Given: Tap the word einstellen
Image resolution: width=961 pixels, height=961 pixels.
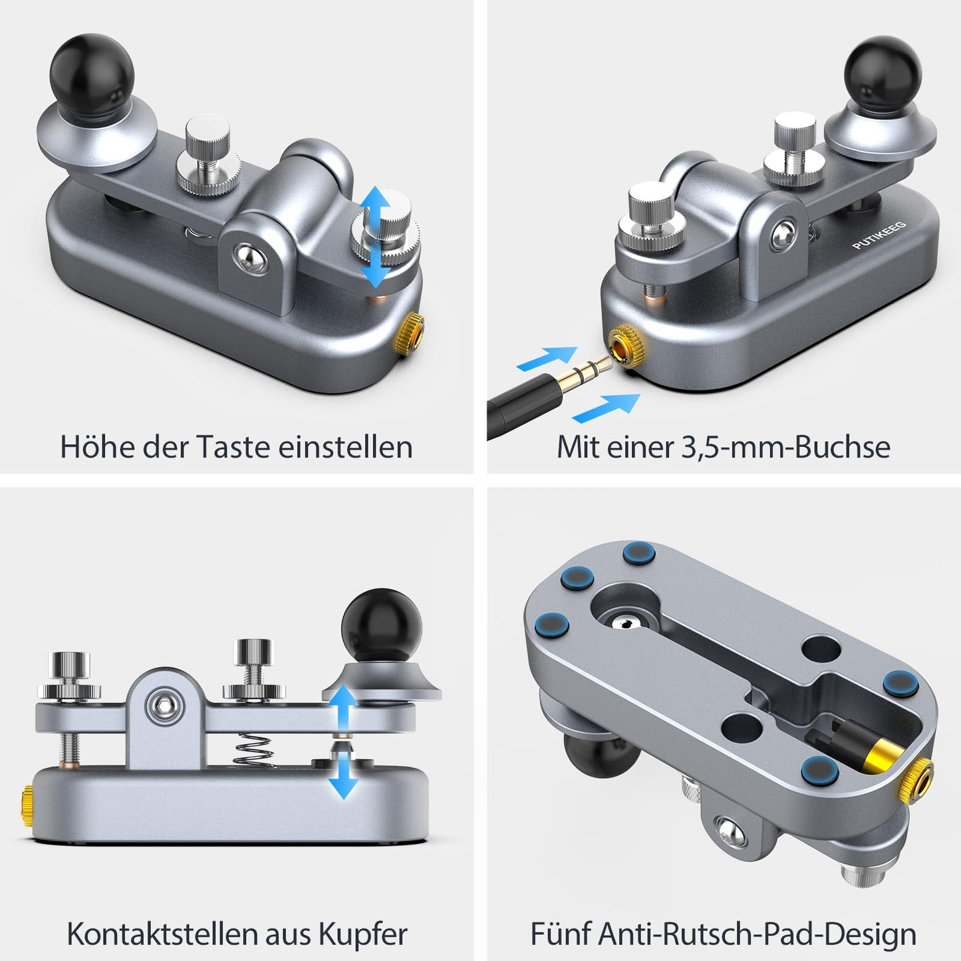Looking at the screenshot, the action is point(345,446).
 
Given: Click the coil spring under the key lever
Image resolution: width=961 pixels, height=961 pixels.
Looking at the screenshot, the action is point(253,753).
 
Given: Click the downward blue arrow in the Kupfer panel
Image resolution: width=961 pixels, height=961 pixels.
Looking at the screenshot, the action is point(344,776).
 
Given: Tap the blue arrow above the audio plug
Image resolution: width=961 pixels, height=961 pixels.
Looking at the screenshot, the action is point(547,358).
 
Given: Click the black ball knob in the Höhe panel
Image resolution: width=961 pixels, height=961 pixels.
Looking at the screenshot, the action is point(92,76).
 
